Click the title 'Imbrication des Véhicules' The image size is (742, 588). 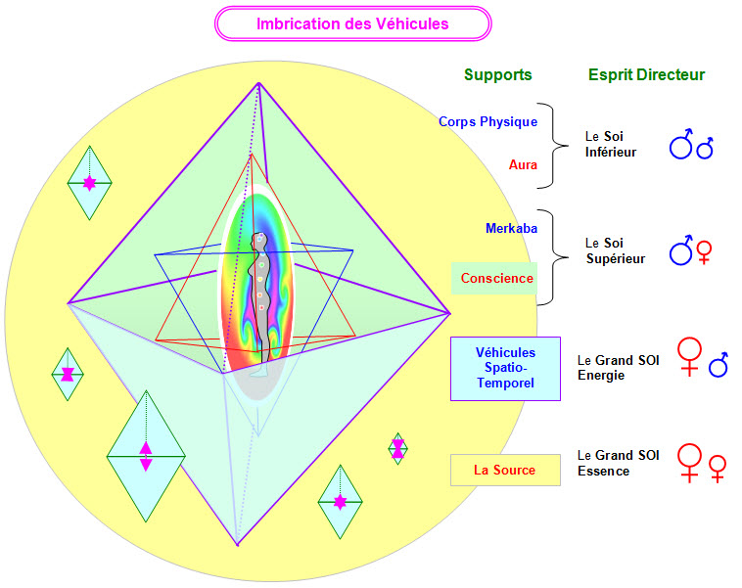click(352, 23)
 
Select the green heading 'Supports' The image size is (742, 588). click(497, 74)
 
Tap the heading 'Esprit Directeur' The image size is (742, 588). click(646, 74)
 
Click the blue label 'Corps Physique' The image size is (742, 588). click(488, 122)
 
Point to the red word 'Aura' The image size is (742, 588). click(523, 165)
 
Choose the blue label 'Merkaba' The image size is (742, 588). click(511, 228)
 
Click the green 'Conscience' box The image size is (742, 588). click(498, 279)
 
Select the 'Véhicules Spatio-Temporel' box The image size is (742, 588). click(505, 368)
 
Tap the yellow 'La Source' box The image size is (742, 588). click(505, 470)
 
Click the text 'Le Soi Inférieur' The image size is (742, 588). click(611, 145)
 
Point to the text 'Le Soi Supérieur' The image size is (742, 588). click(615, 250)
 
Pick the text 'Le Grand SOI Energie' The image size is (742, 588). click(619, 368)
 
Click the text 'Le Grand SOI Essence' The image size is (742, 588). click(619, 463)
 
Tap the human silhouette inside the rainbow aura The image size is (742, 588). click(259, 294)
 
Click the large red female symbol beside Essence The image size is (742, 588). click(691, 462)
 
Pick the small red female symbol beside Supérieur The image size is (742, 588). click(704, 255)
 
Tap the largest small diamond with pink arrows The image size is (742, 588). click(146, 456)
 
